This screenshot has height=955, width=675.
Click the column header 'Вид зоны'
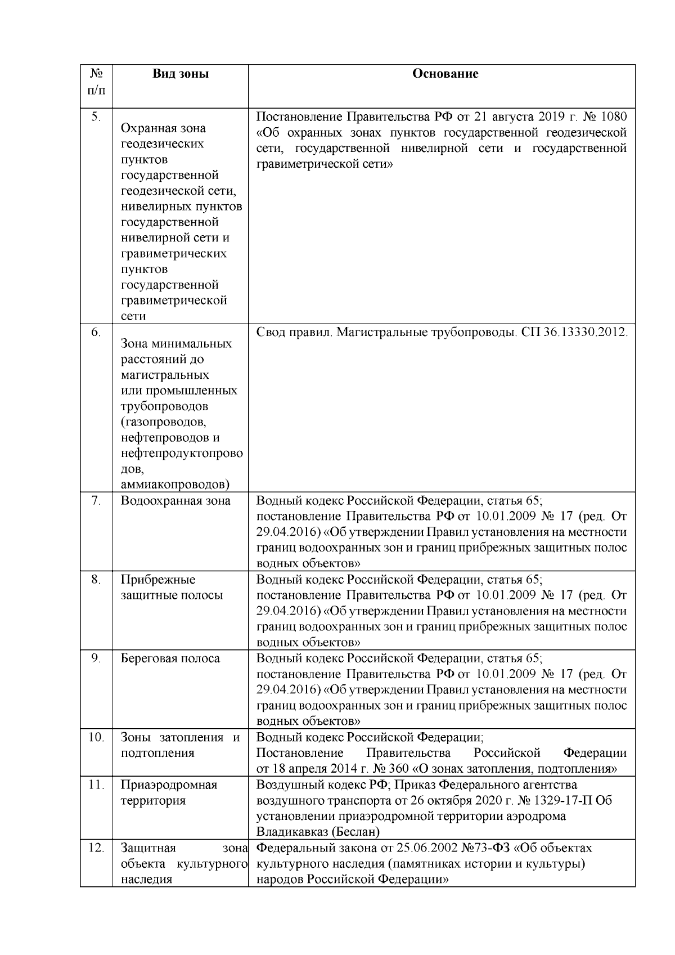[181, 74]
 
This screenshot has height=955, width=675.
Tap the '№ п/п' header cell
[96, 82]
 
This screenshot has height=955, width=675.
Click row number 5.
[96, 116]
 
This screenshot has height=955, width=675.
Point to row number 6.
[96, 333]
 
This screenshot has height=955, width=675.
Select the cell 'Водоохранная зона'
[175, 501]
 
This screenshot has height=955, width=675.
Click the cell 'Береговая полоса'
[170, 658]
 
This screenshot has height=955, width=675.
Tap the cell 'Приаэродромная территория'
[169, 792]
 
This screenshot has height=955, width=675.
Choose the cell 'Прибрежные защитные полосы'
[172, 588]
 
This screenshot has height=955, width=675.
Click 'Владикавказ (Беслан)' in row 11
[318, 832]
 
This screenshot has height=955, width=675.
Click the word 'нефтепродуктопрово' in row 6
[182, 454]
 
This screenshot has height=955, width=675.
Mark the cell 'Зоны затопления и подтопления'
[180, 745]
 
